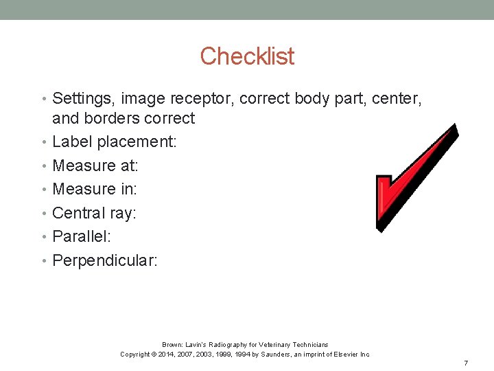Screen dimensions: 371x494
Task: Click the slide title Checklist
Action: [x=247, y=56]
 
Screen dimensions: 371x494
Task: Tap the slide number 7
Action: [x=466, y=362]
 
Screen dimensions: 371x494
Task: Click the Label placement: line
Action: [x=115, y=142]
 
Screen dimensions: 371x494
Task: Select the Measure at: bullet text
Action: [x=95, y=166]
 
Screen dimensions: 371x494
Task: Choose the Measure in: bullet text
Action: [x=95, y=189]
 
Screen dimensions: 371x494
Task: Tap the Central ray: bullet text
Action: [x=95, y=213]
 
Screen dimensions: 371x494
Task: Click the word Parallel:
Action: [x=82, y=237]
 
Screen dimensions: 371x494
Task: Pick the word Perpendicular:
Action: [x=105, y=261]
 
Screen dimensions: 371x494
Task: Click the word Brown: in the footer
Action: [x=172, y=344]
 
